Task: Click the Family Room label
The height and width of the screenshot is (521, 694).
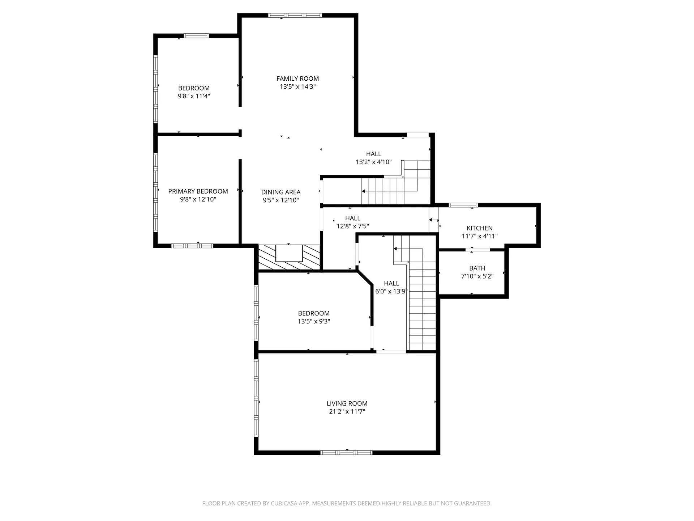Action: pyautogui.click(x=297, y=79)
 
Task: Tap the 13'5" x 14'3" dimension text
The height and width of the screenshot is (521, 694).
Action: pyautogui.click(x=297, y=86)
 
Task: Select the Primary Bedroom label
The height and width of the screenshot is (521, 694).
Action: pyautogui.click(x=198, y=191)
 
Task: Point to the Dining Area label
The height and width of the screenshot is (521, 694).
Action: pyautogui.click(x=281, y=192)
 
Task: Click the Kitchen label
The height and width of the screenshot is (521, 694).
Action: pyautogui.click(x=480, y=228)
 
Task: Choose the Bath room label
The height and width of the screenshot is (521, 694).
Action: pyautogui.click(x=477, y=268)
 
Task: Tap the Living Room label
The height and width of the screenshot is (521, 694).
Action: pyautogui.click(x=347, y=403)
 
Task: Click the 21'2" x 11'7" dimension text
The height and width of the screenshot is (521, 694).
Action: pyautogui.click(x=347, y=411)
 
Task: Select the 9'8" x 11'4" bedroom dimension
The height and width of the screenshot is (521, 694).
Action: pyautogui.click(x=194, y=96)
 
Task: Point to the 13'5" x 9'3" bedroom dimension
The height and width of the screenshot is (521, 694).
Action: pyautogui.click(x=314, y=321)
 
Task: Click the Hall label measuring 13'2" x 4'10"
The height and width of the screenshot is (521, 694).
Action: pyautogui.click(x=374, y=154)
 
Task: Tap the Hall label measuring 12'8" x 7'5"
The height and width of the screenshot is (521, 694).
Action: pyautogui.click(x=353, y=218)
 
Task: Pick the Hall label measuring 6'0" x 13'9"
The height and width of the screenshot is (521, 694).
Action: pyautogui.click(x=391, y=283)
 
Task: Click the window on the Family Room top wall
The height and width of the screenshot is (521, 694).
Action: pyautogui.click(x=295, y=15)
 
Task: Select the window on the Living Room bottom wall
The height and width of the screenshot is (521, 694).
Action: pyautogui.click(x=346, y=453)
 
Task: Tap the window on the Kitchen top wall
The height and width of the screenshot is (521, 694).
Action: pyautogui.click(x=463, y=205)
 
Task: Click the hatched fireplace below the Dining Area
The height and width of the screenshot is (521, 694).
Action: pyautogui.click(x=289, y=257)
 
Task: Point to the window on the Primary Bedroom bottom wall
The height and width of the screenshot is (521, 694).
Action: pyautogui.click(x=192, y=246)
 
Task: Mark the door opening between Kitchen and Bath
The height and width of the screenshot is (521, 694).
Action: pyautogui.click(x=477, y=250)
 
